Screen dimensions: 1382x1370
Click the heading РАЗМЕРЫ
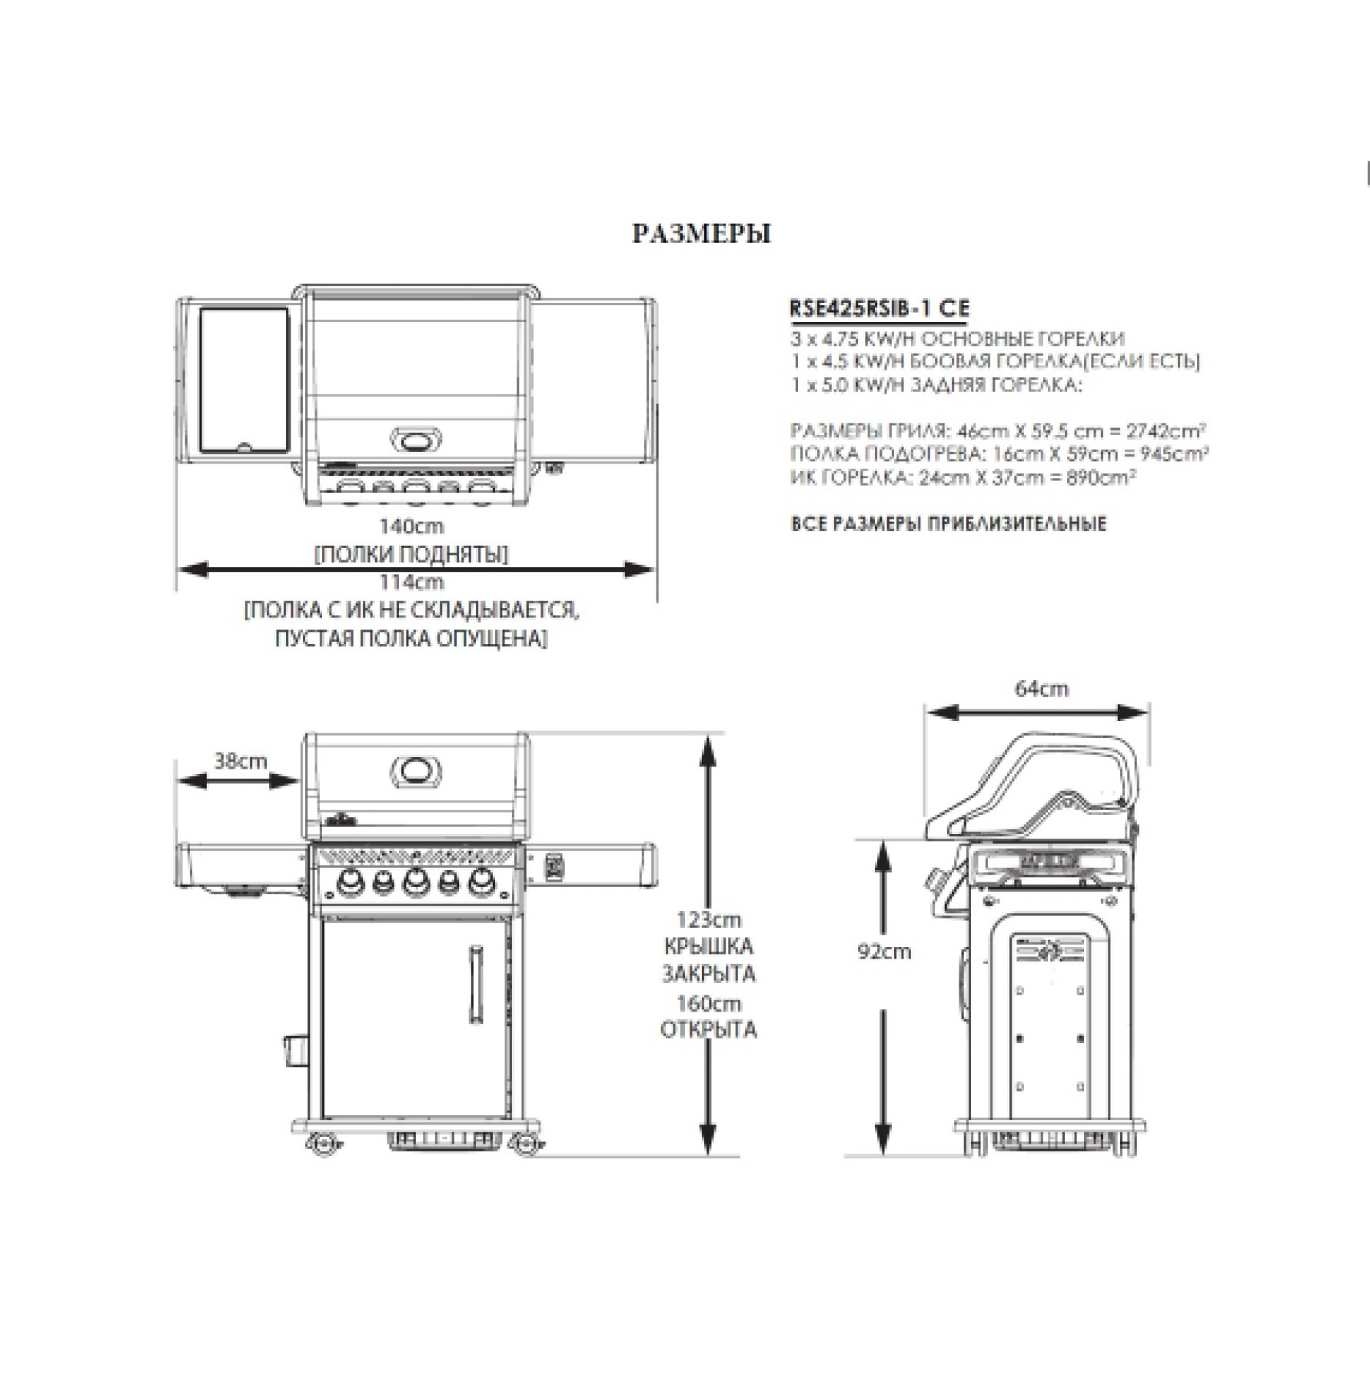pyautogui.click(x=701, y=234)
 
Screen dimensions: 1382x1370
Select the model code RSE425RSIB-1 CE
pyautogui.click(x=880, y=308)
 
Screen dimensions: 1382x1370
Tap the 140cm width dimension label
pyautogui.click(x=411, y=527)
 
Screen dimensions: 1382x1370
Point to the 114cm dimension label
pyautogui.click(x=411, y=582)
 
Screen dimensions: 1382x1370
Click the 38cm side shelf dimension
pyautogui.click(x=240, y=762)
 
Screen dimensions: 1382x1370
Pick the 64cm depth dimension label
pyautogui.click(x=1041, y=689)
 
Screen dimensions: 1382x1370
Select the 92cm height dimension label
pyautogui.click(x=884, y=952)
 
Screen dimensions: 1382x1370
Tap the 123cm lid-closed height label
pyautogui.click(x=708, y=919)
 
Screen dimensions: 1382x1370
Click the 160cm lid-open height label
pyautogui.click(x=708, y=1004)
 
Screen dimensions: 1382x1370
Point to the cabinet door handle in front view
pyautogui.click(x=476, y=985)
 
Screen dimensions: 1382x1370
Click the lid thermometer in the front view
pyautogui.click(x=417, y=770)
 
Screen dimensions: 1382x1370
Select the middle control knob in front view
pyautogui.click(x=415, y=882)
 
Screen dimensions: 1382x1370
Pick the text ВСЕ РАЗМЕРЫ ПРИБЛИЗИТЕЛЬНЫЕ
pyautogui.click(x=949, y=525)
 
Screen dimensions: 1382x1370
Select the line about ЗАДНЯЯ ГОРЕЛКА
pyautogui.click(x=936, y=385)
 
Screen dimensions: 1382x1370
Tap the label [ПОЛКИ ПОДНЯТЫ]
pyautogui.click(x=411, y=554)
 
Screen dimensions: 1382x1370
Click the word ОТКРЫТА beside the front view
pyautogui.click(x=708, y=1030)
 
